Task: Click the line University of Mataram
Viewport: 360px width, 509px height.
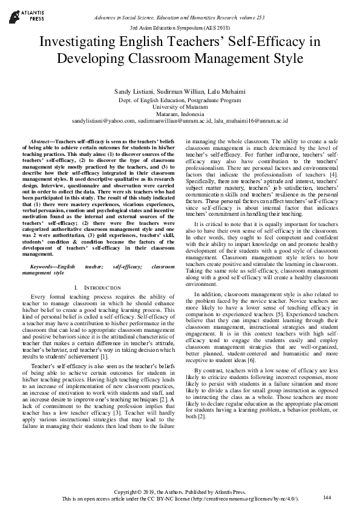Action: coord(180,105)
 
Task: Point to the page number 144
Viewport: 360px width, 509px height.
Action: coord(327,497)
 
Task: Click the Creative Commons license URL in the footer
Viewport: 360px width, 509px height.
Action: coord(258,498)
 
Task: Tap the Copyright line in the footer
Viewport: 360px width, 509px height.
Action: coord(180,491)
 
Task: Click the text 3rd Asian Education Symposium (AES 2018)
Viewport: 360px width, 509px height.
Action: coord(180,28)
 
